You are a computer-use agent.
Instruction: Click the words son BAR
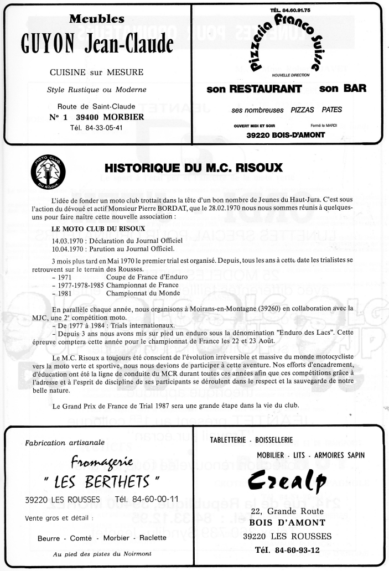(343, 87)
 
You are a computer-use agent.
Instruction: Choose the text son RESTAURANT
(254, 88)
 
